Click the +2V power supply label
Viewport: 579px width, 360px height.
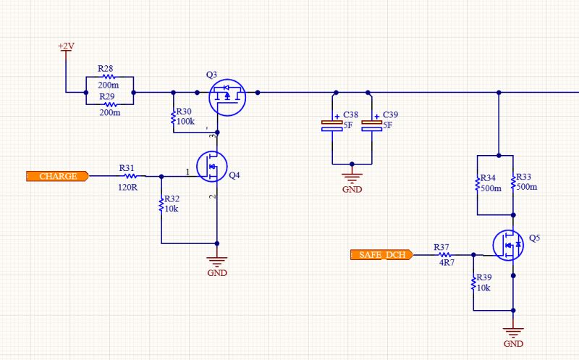pyautogui.click(x=66, y=46)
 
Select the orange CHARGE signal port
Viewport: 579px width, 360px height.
pyautogui.click(x=57, y=176)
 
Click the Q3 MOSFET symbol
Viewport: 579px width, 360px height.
pyautogui.click(x=227, y=96)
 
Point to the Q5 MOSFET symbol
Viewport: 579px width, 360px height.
pyautogui.click(x=509, y=246)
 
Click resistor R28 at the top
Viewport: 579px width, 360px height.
pyautogui.click(x=109, y=76)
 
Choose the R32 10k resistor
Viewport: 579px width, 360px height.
pyautogui.click(x=161, y=205)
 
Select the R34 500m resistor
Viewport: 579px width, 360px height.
pyautogui.click(x=479, y=185)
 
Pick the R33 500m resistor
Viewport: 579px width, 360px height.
pyautogui.click(x=513, y=185)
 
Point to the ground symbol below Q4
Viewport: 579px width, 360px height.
pyautogui.click(x=217, y=261)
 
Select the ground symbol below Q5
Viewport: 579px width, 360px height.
pyautogui.click(x=512, y=332)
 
